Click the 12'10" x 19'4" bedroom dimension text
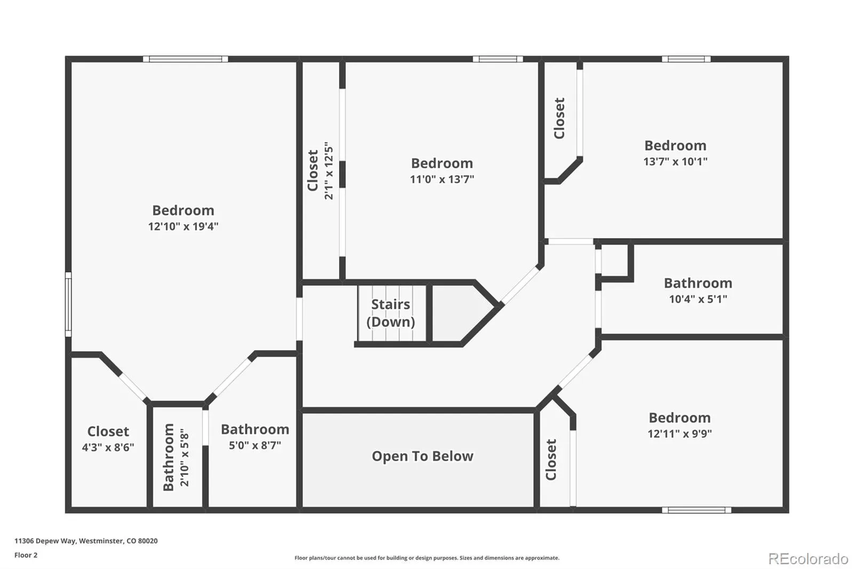tap(183, 226)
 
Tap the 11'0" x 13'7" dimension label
tap(442, 179)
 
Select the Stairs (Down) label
tap(391, 313)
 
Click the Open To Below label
tap(422, 456)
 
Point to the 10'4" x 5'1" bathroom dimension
tap(698, 299)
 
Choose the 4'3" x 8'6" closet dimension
tap(108, 447)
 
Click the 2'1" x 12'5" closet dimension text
tap(328, 171)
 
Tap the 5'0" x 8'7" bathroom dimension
tap(255, 445)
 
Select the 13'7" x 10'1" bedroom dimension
tap(675, 161)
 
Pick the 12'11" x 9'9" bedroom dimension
tap(679, 433)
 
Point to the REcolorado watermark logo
tap(808, 559)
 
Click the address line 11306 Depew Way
tap(86, 541)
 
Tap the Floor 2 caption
tap(26, 555)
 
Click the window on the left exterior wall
tap(68, 304)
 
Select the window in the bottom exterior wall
tap(697, 510)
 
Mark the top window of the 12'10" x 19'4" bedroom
tap(185, 59)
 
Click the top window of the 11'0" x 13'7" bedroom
tap(497, 59)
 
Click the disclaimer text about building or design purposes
tap(426, 558)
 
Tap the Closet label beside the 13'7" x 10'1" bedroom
tap(559, 118)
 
